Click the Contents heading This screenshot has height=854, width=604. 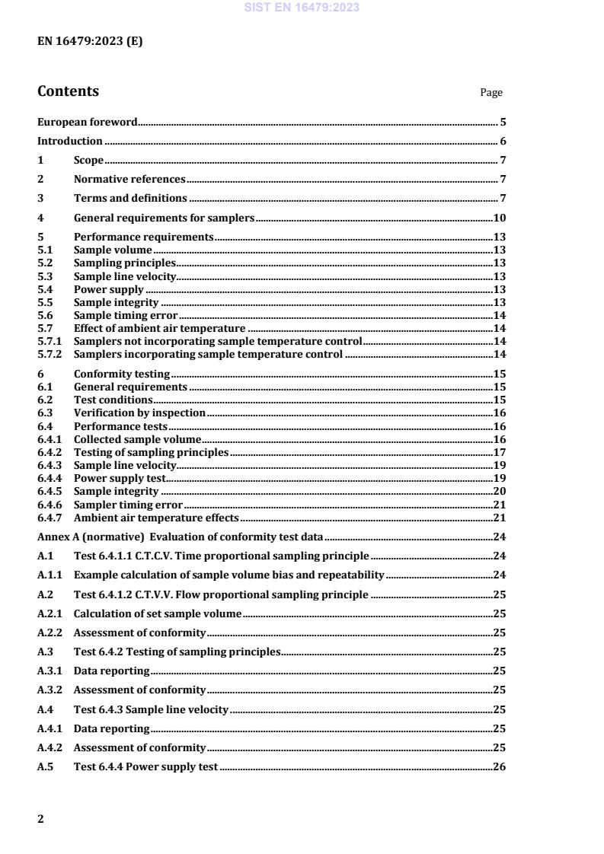pyautogui.click(x=68, y=91)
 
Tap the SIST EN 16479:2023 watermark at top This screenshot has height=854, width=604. pyautogui.click(x=302, y=8)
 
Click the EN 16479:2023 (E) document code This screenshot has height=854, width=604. pyautogui.click(x=90, y=42)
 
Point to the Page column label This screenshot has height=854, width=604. pyautogui.click(x=491, y=93)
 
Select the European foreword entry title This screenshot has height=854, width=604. pyautogui.click(x=88, y=122)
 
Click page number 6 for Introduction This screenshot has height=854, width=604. pyautogui.click(x=503, y=141)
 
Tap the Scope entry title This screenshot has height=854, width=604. pyautogui.click(x=88, y=160)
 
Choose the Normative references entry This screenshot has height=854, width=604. pyautogui.click(x=129, y=179)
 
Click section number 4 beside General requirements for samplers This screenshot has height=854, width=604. pyautogui.click(x=40, y=218)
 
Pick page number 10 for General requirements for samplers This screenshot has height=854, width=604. pyautogui.click(x=500, y=218)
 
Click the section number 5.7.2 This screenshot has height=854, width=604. pyautogui.click(x=49, y=354)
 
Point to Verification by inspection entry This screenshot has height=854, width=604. pyautogui.click(x=139, y=413)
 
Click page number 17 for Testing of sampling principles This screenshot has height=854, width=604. pyautogui.click(x=500, y=452)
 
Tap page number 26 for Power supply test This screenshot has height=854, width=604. pyautogui.click(x=500, y=766)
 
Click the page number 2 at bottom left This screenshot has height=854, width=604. pyautogui.click(x=40, y=819)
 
